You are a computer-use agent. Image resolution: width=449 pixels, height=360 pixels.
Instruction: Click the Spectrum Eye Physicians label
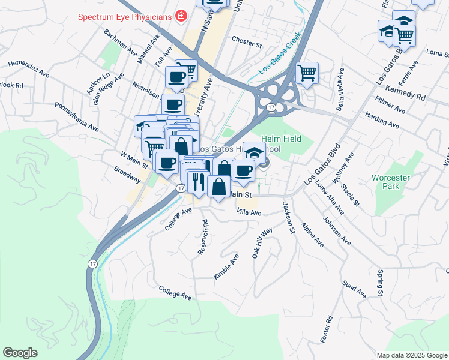124,16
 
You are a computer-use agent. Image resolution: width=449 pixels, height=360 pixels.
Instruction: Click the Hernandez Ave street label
29,68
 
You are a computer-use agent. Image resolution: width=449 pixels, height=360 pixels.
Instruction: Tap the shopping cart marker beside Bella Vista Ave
307,73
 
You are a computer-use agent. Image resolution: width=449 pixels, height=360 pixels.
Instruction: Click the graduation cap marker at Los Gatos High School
254,152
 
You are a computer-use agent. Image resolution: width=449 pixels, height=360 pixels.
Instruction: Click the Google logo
20,353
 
